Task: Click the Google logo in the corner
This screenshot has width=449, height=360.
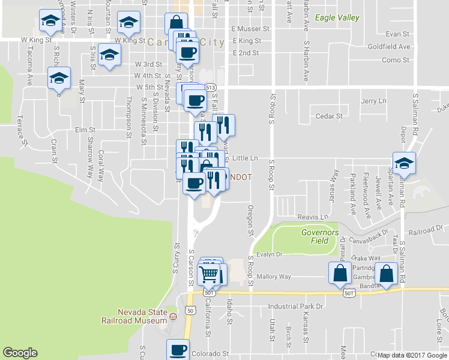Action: [20, 353]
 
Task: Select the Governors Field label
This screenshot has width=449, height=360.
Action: [320, 236]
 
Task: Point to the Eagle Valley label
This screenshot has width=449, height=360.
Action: [337, 18]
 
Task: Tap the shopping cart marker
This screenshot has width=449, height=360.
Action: [209, 274]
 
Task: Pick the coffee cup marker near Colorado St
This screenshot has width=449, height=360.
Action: [178, 349]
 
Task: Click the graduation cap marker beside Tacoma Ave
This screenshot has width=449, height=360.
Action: [51, 22]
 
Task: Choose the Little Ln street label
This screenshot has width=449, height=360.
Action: [245, 158]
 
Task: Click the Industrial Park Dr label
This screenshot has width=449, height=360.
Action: [296, 306]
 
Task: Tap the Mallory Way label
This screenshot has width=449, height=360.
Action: [274, 277]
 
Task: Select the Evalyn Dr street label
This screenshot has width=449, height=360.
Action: [270, 254]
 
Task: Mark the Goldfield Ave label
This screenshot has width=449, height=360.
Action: [389, 46]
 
